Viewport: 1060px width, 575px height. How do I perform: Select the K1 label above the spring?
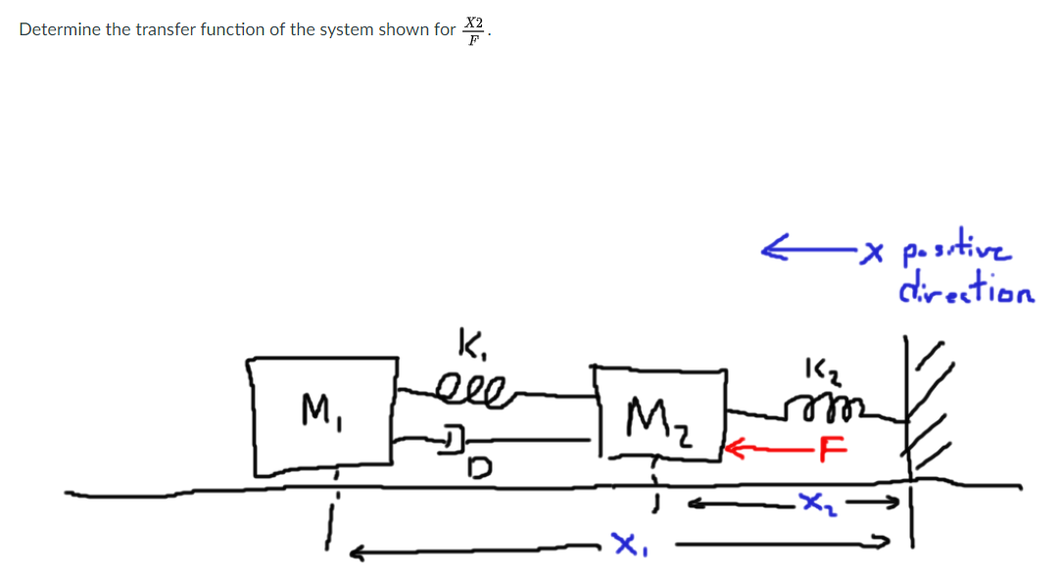click(468, 344)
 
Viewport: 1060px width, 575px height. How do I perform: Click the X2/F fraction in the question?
click(473, 29)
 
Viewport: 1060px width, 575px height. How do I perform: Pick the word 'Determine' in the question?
click(60, 29)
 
